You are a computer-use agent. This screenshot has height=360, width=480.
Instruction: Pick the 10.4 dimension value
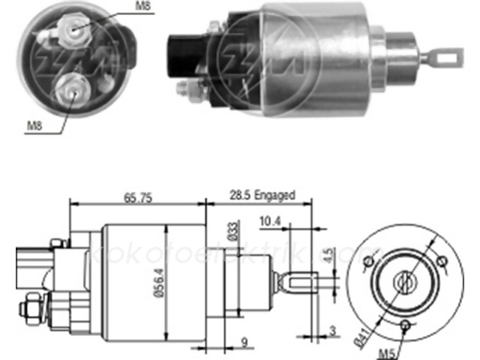pos(271,222)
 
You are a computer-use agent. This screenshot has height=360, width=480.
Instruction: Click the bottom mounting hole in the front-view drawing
pos(405,324)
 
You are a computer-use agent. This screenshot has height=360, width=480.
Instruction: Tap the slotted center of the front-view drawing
pos(405,283)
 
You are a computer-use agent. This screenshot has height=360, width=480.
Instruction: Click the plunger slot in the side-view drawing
pos(296,283)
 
